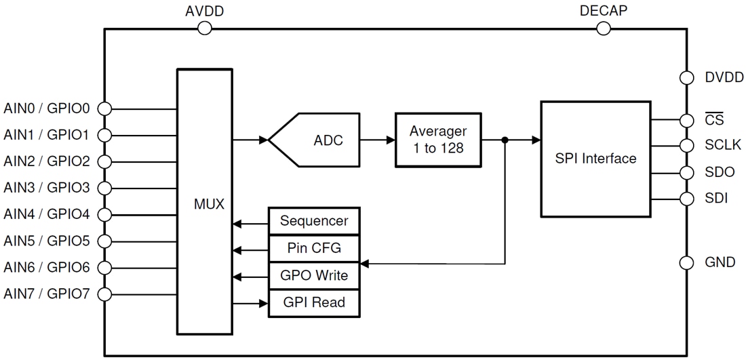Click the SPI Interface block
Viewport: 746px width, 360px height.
coord(595,159)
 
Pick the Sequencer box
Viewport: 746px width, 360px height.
coord(314,221)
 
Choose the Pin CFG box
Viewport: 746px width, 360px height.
coord(314,248)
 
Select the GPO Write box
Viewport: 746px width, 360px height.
coord(314,275)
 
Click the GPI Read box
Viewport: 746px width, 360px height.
coord(314,302)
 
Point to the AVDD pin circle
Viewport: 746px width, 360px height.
coord(204,28)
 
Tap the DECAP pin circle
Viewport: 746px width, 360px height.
coord(603,28)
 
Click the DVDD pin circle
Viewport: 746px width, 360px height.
coord(686,78)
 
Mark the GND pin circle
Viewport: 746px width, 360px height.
coord(686,262)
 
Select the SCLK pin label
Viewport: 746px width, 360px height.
coord(723,145)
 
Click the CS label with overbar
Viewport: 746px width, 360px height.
coord(714,120)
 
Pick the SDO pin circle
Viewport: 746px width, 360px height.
coord(686,172)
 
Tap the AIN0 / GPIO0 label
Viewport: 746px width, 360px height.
coord(47,108)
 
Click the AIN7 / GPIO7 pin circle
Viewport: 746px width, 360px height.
coord(104,294)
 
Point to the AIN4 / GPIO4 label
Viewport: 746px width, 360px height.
coord(47,214)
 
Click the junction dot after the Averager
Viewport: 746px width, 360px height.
coord(505,140)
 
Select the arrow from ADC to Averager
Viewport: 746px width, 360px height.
coord(377,140)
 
